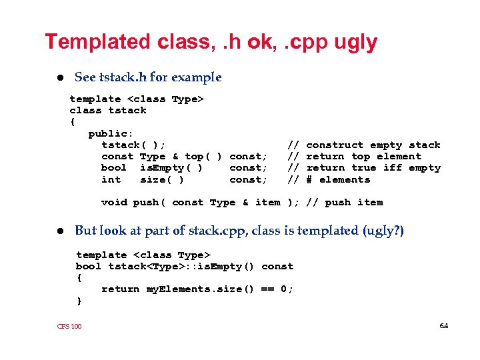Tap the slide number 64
[x=444, y=325]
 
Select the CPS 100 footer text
[x=69, y=326]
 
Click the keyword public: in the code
[x=111, y=133]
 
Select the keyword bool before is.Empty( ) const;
[x=114, y=168]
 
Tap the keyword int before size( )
[x=111, y=179]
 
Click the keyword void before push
[x=114, y=202]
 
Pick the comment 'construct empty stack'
[x=373, y=145]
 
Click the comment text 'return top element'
[x=363, y=156]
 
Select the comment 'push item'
[x=353, y=202]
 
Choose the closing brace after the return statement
[x=79, y=301]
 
